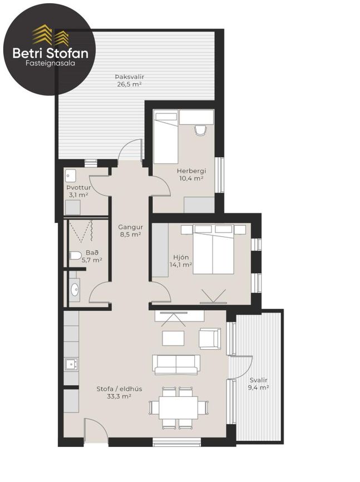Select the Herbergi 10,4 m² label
(190, 174)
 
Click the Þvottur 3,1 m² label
(78, 191)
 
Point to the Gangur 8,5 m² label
(130, 231)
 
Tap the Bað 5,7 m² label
(90, 256)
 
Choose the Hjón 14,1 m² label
(181, 261)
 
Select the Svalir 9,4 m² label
(259, 384)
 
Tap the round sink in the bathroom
(75, 290)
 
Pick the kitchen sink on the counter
(71, 365)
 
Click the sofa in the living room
(176, 364)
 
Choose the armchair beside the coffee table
(210, 339)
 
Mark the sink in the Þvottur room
(70, 176)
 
